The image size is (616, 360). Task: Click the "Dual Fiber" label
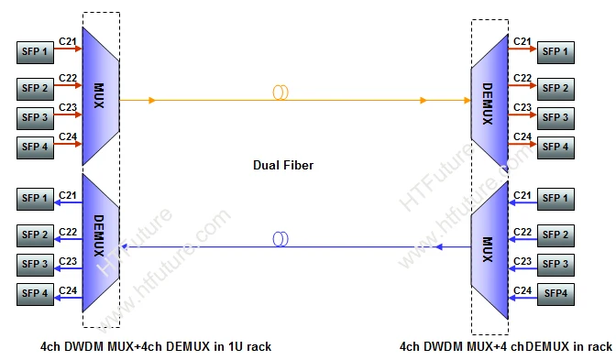281,165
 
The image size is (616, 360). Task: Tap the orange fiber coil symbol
280,93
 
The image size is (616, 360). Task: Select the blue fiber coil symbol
280,239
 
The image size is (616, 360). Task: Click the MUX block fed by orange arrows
100,95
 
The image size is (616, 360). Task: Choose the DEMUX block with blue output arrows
100,241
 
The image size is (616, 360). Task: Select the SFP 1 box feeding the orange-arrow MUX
35,51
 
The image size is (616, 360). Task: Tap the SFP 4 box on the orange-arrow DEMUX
555,146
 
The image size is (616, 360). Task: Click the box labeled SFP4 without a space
555,292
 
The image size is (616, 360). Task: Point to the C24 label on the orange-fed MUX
68,136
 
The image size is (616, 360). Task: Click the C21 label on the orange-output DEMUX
522,41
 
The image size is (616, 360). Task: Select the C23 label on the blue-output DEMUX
68,261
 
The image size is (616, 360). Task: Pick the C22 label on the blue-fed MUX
522,232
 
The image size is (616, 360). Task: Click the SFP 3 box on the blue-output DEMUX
35,265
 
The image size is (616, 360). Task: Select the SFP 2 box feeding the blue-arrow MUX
555,235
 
